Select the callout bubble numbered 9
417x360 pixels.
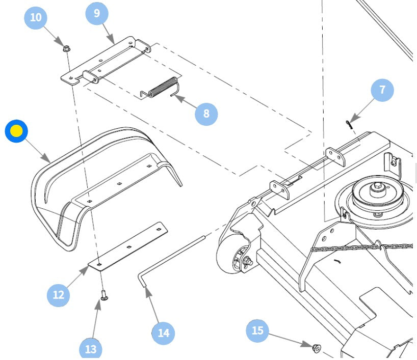[97, 13]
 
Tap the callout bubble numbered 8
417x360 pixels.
[206, 113]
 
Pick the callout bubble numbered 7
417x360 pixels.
[382, 90]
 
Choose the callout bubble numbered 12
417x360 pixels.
[58, 295]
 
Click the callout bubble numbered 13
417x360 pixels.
[90, 349]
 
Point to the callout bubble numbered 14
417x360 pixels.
[163, 333]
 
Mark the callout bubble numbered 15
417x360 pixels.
[258, 331]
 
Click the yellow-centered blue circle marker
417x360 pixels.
[16, 131]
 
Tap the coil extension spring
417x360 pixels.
[161, 87]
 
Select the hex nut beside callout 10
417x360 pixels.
[67, 49]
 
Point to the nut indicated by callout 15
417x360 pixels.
[316, 348]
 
